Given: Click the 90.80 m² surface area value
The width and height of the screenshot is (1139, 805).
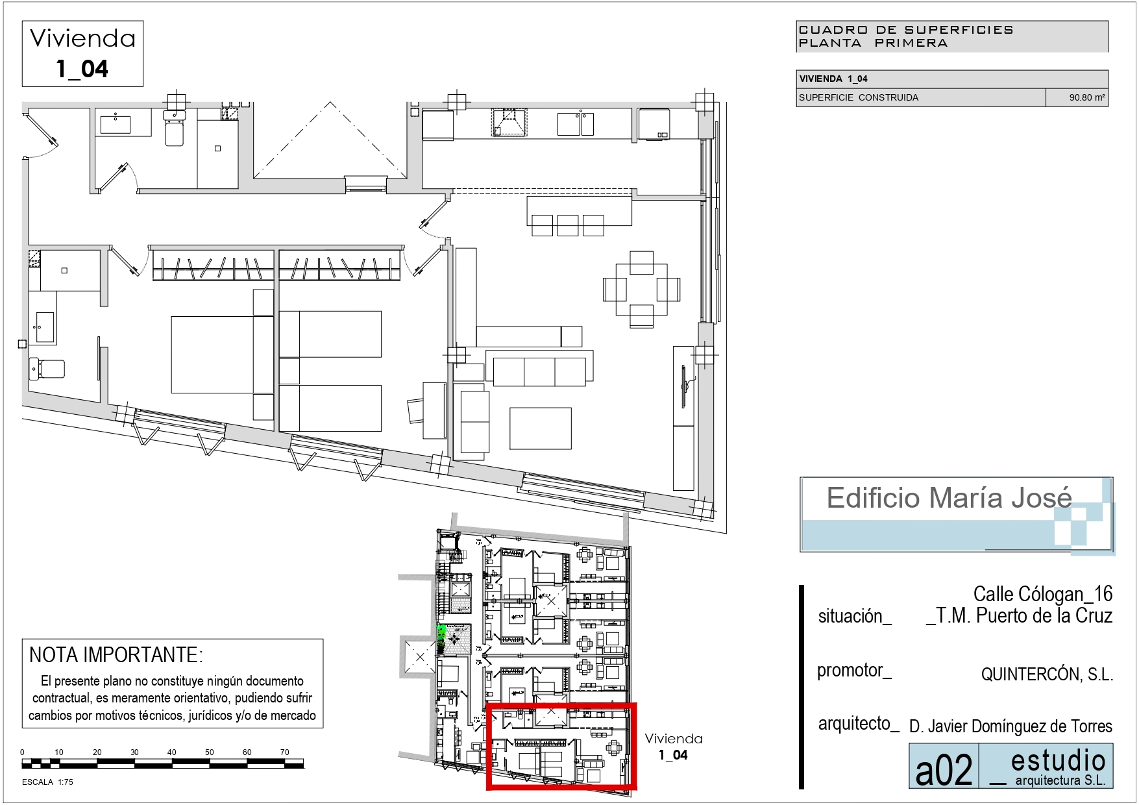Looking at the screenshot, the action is pos(1087,97).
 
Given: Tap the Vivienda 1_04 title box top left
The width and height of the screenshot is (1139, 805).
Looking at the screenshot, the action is pos(82,54).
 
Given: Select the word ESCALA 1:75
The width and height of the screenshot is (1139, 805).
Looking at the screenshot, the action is pos(47,782).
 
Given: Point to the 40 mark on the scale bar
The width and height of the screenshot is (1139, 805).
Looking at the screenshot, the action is pos(171,752).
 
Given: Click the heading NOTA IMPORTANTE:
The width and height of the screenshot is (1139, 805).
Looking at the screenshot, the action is pos(116,654).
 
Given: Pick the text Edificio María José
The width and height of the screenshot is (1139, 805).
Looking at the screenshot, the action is pos(949,498).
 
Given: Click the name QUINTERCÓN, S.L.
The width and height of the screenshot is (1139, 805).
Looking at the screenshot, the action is pos(1047,675).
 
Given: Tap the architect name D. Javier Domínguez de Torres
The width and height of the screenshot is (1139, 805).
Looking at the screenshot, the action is pos(1010,726).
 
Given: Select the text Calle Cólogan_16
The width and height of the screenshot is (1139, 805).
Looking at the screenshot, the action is pos(1043,593).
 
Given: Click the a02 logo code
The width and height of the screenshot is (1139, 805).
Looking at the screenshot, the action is pos(944,770).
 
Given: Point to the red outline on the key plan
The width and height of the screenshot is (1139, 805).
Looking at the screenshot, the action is pos(561,705).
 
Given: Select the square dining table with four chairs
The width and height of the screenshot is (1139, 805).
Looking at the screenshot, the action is pos(641,289).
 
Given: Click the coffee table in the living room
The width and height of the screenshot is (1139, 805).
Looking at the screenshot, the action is pos(541,428).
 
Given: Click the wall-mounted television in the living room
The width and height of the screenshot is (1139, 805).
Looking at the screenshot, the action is pos(684,388).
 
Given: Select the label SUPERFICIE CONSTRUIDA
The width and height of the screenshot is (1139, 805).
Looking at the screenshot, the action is pos(858,97).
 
